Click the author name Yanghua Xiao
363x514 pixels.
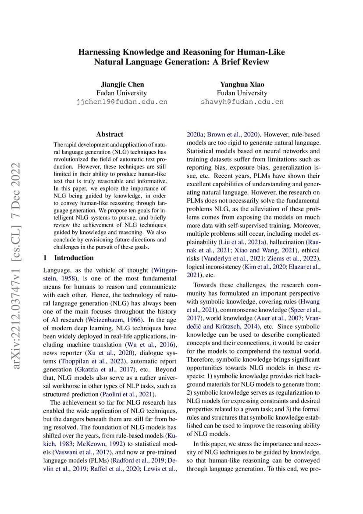242,84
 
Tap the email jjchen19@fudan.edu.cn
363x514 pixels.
122,102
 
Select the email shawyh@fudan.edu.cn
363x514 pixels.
242,102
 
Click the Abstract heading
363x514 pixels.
110,134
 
